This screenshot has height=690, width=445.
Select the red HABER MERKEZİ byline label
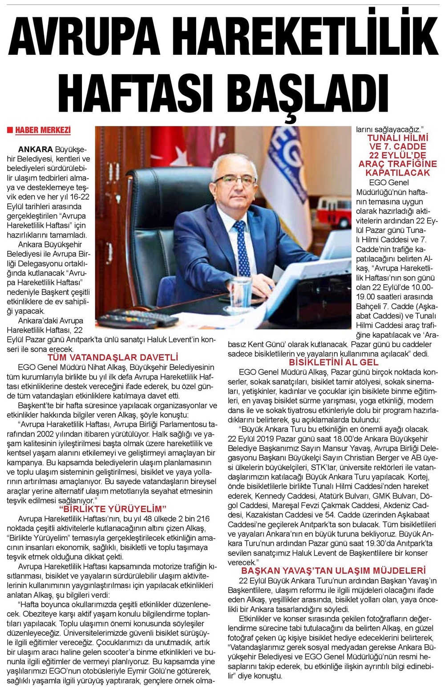tap(43, 130)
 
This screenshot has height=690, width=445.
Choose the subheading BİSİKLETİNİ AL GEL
tap(333, 363)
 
